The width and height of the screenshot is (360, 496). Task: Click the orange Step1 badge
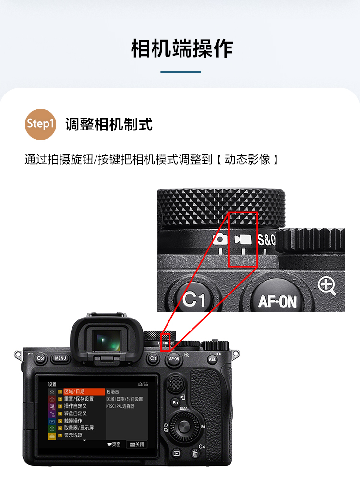click(41, 124)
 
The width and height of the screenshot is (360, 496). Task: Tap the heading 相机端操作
click(181, 48)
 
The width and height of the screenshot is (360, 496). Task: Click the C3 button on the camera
click(40, 358)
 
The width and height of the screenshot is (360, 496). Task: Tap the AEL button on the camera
click(212, 359)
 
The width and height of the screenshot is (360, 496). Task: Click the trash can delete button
click(195, 453)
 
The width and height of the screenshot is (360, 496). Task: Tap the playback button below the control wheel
click(176, 453)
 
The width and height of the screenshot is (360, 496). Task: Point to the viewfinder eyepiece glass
click(107, 341)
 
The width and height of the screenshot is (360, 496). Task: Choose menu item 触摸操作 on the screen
click(72, 421)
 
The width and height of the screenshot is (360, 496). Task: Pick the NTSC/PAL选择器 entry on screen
click(120, 406)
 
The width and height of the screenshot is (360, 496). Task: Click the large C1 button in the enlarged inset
click(194, 299)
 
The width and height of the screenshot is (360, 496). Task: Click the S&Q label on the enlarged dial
click(266, 240)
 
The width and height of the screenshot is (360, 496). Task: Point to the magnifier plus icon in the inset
click(326, 286)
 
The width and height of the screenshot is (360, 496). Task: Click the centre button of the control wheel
click(183, 426)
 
